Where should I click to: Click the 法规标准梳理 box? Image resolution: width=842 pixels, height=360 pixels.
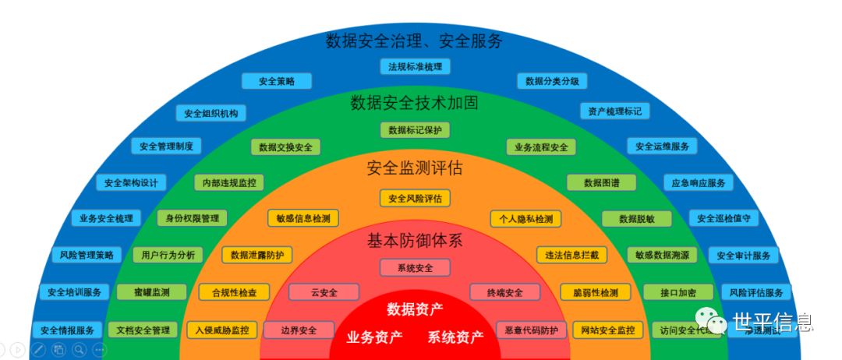click(x=415, y=67)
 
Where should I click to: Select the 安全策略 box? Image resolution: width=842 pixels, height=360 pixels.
click(x=276, y=81)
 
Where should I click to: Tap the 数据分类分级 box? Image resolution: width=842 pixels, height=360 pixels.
click(x=552, y=81)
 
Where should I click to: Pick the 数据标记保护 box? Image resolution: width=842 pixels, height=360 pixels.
click(x=415, y=130)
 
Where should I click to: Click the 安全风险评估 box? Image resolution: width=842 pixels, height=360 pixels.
click(x=415, y=199)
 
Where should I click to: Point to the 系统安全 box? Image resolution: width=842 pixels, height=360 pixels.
click(x=415, y=268)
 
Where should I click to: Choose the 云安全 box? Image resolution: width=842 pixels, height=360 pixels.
click(x=324, y=293)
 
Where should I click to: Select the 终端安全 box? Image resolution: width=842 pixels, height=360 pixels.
click(x=505, y=293)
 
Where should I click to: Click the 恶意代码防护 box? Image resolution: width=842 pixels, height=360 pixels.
click(x=532, y=330)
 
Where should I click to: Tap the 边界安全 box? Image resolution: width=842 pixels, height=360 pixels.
click(x=299, y=330)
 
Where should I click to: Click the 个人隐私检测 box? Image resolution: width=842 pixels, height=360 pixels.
click(x=525, y=219)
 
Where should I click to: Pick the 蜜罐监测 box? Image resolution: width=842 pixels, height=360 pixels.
click(x=152, y=292)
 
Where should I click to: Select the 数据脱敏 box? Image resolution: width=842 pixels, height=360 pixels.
click(x=636, y=219)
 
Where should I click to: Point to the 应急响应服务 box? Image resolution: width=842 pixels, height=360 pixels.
click(x=698, y=183)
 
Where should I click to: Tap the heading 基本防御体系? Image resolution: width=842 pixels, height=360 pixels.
click(x=415, y=241)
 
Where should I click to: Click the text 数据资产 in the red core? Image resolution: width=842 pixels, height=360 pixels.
click(x=415, y=309)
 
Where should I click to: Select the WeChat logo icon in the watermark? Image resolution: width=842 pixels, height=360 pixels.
click(x=710, y=319)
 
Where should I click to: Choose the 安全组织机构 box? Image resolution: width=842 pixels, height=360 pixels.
click(x=210, y=113)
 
